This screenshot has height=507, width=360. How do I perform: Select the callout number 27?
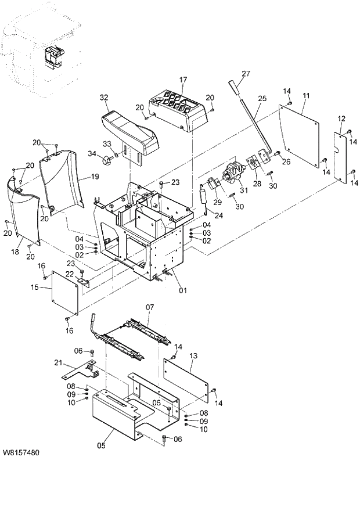[246, 73]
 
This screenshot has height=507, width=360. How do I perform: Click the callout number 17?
[183, 80]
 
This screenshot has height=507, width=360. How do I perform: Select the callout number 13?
[194, 355]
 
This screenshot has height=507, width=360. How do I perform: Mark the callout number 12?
[341, 119]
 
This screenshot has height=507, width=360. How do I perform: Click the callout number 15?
[34, 287]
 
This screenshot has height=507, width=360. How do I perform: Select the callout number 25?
[262, 99]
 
